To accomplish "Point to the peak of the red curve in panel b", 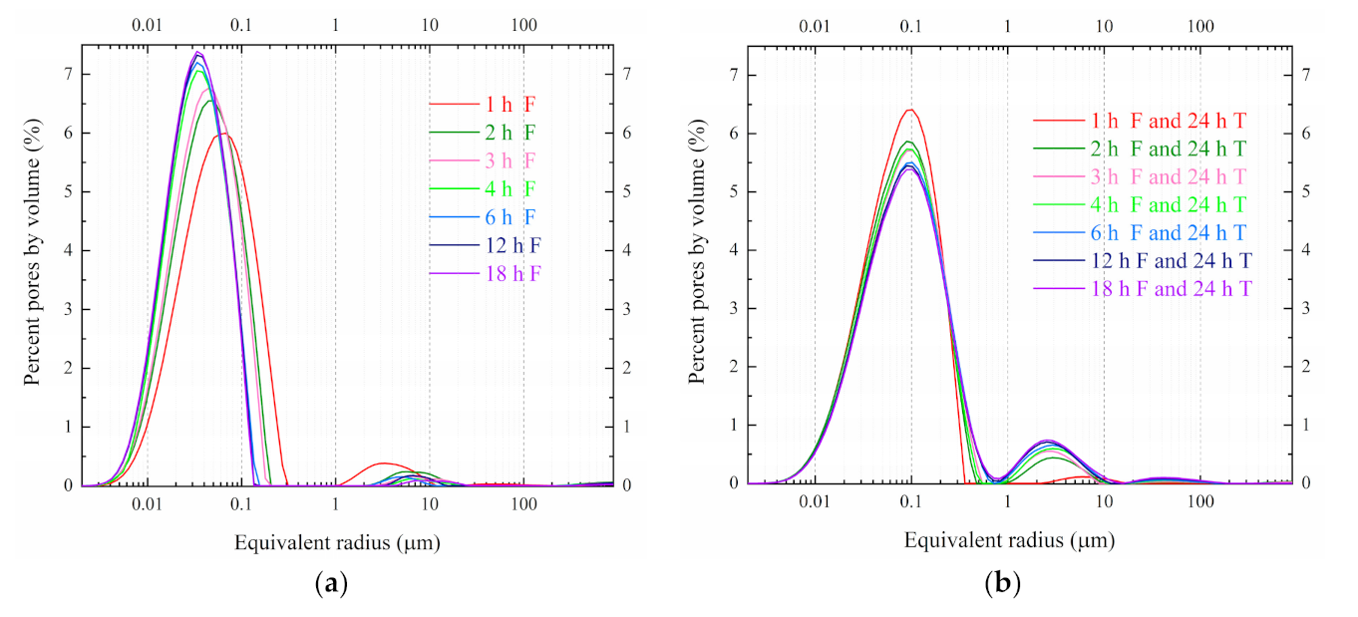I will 909,110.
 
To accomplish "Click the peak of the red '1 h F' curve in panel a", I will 225,134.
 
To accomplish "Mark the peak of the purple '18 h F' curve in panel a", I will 198,52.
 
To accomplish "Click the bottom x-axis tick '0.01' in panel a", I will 148,505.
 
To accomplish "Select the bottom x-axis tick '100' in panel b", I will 1199,503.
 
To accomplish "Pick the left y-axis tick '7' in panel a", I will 68,75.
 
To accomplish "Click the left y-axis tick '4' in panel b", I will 734,250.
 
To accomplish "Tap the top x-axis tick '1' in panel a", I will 335,24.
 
